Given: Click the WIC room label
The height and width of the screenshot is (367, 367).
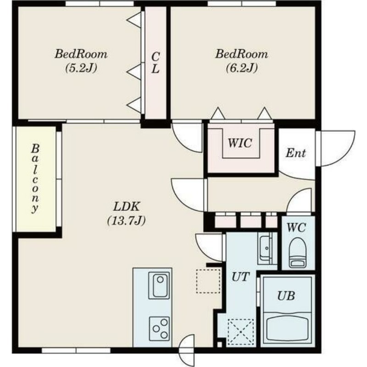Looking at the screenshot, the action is [x=240, y=143].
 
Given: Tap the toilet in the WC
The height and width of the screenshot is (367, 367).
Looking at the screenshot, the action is [x=297, y=253].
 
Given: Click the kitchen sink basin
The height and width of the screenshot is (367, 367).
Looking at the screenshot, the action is [x=159, y=285].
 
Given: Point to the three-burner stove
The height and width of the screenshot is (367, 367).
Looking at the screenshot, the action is [x=159, y=329].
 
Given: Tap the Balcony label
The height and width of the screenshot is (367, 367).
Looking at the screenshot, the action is [x=35, y=178].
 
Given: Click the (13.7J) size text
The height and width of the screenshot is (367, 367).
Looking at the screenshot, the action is [x=127, y=221].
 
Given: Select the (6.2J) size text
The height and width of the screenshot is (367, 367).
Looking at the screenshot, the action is [x=242, y=68].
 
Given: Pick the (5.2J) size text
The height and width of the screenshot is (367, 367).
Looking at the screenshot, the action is [x=81, y=68].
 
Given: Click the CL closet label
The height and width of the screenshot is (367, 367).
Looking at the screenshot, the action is [x=156, y=63].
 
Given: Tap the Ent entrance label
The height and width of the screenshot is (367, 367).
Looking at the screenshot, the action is [x=295, y=153].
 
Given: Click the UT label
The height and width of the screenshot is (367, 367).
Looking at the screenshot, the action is [x=240, y=277].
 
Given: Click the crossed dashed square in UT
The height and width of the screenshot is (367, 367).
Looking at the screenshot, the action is [x=241, y=332].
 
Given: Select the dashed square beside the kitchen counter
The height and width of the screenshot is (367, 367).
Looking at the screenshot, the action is [x=208, y=281].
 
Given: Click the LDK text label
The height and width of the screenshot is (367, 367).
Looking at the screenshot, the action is [x=127, y=207].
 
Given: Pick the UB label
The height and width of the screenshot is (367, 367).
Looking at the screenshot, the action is [x=286, y=296].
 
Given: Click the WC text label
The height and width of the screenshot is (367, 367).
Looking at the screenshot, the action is [x=296, y=228].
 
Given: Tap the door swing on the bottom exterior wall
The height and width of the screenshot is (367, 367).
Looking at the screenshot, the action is [x=186, y=350].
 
